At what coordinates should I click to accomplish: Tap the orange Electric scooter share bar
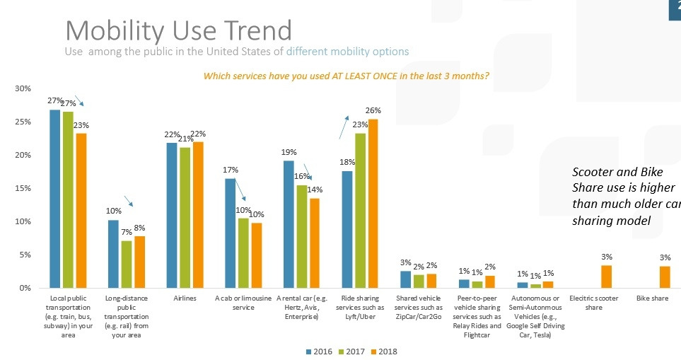(x=607, y=277)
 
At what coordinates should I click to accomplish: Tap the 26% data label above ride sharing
(x=373, y=111)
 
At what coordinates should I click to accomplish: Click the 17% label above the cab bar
(x=231, y=170)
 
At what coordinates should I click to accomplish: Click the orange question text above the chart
(x=347, y=76)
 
